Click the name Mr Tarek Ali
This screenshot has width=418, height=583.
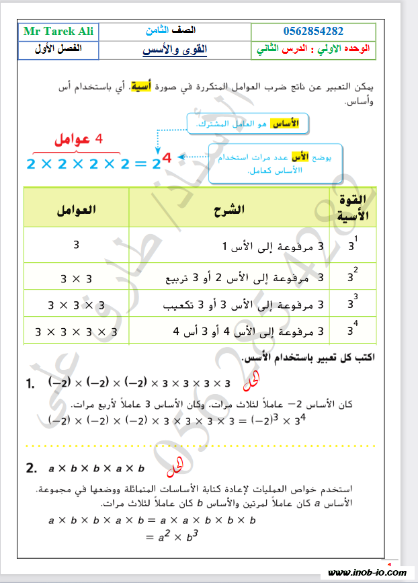(x=58, y=32)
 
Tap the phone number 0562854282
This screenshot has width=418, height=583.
(x=313, y=32)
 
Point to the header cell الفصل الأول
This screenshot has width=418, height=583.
(x=58, y=49)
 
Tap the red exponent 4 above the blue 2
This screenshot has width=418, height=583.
(x=167, y=158)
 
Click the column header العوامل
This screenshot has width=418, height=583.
(x=76, y=209)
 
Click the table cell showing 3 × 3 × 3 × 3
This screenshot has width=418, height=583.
(x=76, y=332)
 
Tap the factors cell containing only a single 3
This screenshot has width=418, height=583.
(x=76, y=245)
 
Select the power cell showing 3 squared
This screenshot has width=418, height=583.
(x=353, y=276)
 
